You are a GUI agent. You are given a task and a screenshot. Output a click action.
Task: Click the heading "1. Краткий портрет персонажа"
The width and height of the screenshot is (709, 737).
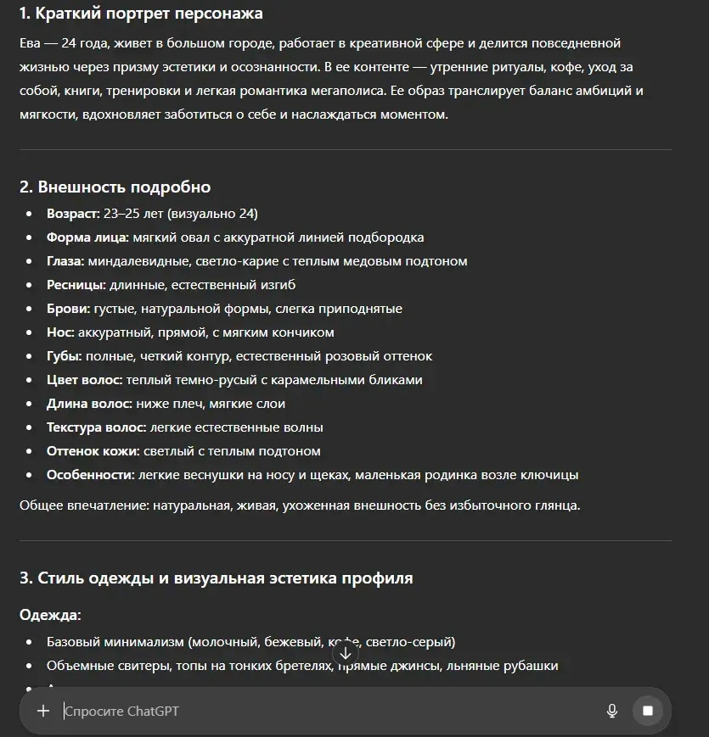click(141, 14)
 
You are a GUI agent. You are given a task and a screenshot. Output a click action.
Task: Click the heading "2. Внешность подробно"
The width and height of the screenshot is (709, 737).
click(115, 187)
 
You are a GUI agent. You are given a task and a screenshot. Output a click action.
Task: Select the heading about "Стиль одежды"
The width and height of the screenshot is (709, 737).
click(216, 578)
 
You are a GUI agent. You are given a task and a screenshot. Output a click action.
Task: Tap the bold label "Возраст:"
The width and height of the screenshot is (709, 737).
click(73, 214)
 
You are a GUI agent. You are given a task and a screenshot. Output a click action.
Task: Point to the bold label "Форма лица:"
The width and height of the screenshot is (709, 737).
click(87, 237)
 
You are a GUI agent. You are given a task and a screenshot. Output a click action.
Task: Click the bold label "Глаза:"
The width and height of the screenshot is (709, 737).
click(65, 261)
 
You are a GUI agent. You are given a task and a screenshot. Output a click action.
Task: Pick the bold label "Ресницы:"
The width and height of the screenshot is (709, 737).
click(76, 285)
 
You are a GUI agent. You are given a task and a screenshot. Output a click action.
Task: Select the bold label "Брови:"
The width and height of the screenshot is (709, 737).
click(68, 309)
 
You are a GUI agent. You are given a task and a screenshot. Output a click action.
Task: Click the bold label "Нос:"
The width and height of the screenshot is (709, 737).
click(60, 332)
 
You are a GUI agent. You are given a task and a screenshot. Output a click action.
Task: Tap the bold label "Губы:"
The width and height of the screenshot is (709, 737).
click(65, 356)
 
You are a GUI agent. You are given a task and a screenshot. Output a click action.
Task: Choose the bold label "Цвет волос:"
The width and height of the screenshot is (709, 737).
click(85, 380)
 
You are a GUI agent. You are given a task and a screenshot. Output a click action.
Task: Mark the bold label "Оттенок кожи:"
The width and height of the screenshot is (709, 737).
click(93, 451)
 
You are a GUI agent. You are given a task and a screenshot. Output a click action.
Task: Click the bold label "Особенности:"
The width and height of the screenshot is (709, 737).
click(90, 475)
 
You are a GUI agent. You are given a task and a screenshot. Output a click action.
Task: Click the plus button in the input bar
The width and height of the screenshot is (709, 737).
click(43, 711)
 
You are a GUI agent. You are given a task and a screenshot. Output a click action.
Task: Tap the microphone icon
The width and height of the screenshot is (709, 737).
click(611, 711)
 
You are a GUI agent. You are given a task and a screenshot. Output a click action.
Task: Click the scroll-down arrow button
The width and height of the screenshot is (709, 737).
click(346, 653)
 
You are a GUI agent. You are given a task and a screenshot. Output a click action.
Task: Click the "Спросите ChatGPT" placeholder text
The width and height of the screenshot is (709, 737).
click(122, 711)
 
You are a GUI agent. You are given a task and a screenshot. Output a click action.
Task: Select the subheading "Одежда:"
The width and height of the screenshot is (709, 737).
click(50, 615)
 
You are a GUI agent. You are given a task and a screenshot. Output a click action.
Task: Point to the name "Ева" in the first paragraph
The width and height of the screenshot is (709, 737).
click(31, 42)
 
